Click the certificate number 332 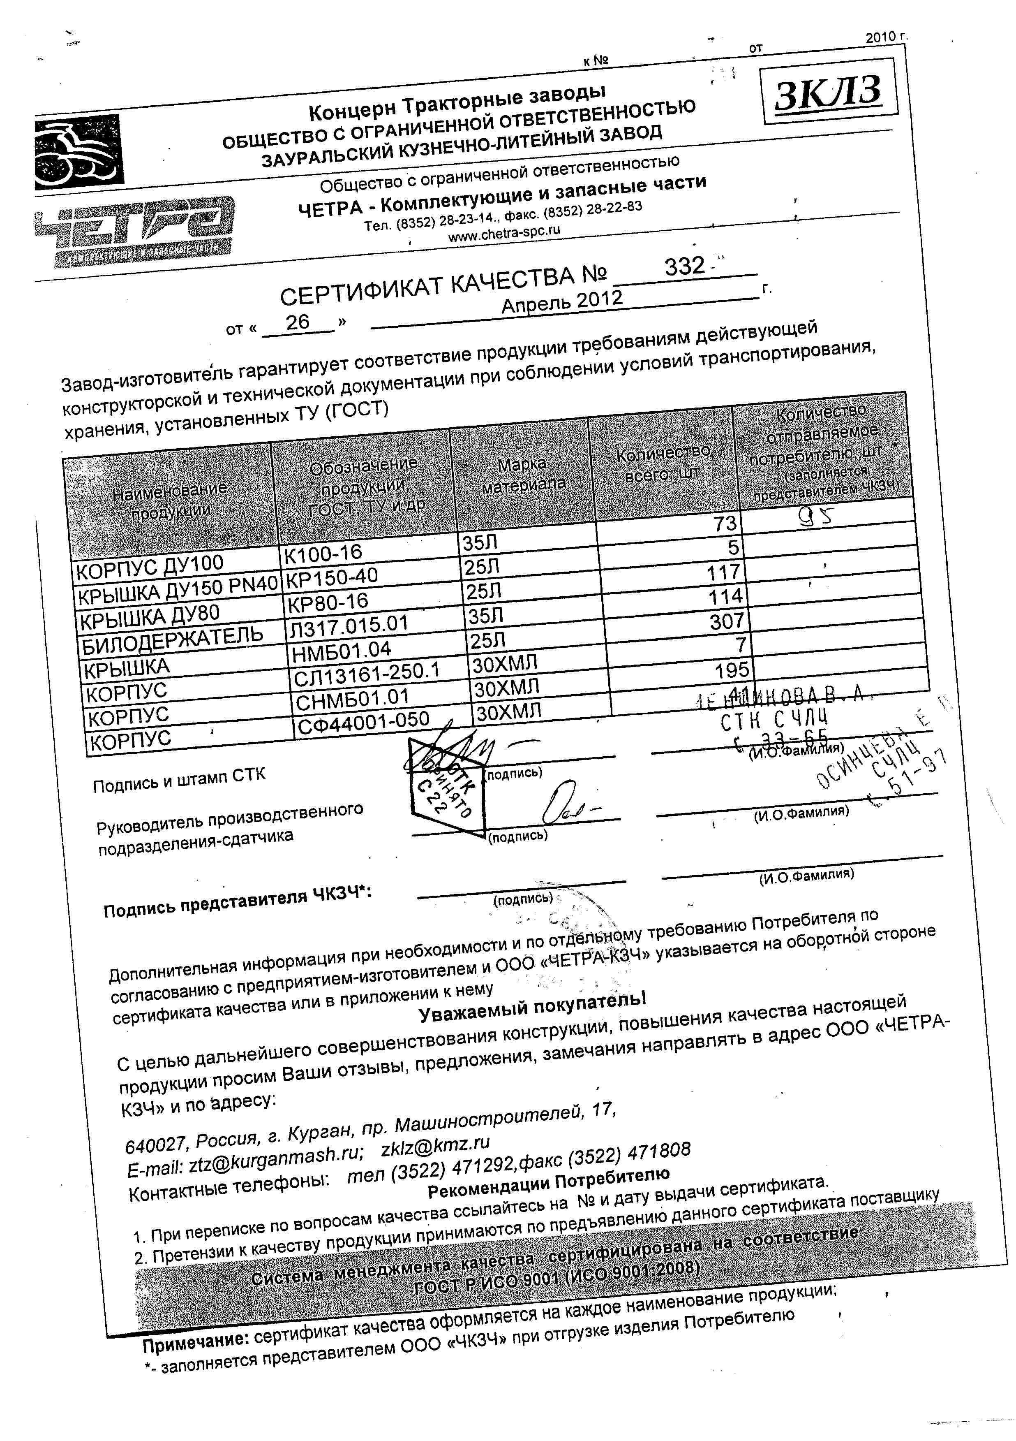(685, 267)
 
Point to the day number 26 (298, 322)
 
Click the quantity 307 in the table (726, 621)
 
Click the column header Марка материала (523, 475)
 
